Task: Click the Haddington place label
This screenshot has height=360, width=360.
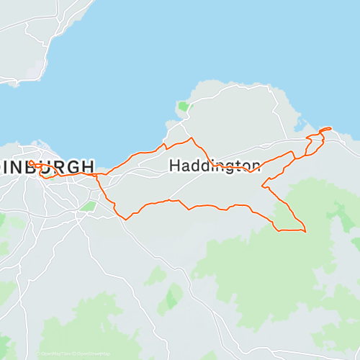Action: pos(215,166)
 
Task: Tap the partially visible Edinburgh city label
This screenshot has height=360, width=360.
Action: pos(47,166)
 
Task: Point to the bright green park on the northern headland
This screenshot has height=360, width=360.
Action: pos(184,107)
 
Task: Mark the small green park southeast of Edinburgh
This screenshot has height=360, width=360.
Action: pos(89,206)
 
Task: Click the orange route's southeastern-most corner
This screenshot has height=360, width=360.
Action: pos(305,231)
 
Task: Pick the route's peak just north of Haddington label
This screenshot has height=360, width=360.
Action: pos(191,138)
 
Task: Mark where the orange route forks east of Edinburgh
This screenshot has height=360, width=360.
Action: pos(97,174)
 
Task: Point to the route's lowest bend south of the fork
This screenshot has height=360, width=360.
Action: pos(127,218)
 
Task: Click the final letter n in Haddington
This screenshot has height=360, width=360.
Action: pos(256,166)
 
